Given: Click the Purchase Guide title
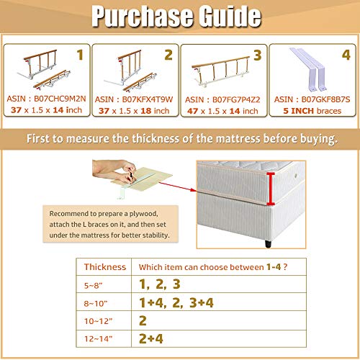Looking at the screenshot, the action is [176, 16].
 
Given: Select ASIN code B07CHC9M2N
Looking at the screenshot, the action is [60, 99].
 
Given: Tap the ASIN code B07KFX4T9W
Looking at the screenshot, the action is [148, 99].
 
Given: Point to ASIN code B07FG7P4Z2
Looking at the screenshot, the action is [236, 99].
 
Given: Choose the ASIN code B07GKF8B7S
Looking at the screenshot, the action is [325, 99].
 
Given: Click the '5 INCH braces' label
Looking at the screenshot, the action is [312, 111].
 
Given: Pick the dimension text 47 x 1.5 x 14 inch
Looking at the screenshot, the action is [222, 111].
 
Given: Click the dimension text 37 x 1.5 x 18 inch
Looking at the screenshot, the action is [134, 111].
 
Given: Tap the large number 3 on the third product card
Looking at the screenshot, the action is [258, 55].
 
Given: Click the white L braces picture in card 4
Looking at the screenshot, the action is [310, 69].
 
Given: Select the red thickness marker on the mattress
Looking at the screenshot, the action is [271, 189].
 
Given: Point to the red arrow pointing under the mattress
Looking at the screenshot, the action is [178, 186].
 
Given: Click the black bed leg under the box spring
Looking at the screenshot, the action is [269, 243].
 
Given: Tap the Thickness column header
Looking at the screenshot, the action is [105, 267].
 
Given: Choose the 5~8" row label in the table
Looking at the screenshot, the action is [93, 285].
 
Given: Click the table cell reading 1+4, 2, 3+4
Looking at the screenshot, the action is [176, 302].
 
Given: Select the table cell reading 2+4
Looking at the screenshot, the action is [151, 338].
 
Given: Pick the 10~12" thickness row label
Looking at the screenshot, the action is [98, 321].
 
